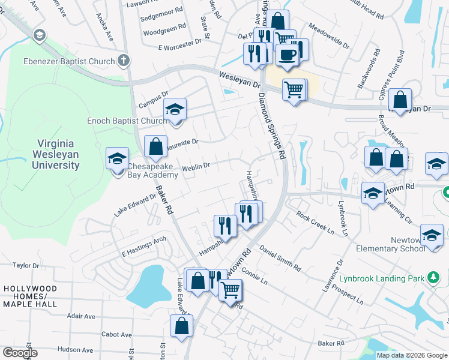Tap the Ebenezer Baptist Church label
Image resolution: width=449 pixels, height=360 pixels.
pyautogui.click(x=68, y=61)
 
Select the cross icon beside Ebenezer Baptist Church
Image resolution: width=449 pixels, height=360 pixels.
pyautogui.click(x=123, y=60)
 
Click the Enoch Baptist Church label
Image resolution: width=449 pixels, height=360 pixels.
pyautogui.click(x=127, y=121)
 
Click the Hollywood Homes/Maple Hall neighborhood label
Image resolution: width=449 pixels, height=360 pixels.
pyautogui.click(x=30, y=296)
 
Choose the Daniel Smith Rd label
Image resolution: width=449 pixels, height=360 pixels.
pyautogui.click(x=280, y=256)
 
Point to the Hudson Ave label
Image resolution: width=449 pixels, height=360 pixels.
pyautogui.click(x=76, y=350)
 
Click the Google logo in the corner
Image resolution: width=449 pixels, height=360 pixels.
pyautogui.click(x=20, y=353)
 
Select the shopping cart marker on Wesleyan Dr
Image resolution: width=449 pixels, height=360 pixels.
pyautogui.click(x=294, y=90)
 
